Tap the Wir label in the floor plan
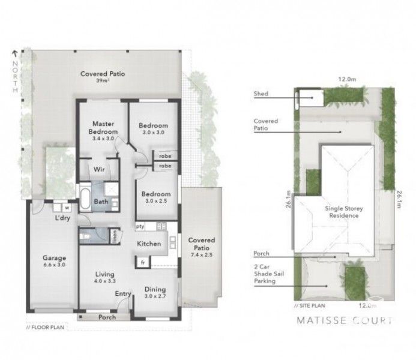pyautogui.click(x=98, y=170)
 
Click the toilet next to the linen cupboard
pyautogui.click(x=86, y=238)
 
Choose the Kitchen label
pyautogui.click(x=148, y=244)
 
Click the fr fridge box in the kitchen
pyautogui.click(x=142, y=262)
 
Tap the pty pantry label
pyautogui.click(x=140, y=227)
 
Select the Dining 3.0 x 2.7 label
pyautogui.click(x=155, y=292)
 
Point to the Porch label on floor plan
pyautogui.click(x=106, y=317)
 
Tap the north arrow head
pyautogui.click(x=13, y=53)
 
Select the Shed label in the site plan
pyautogui.click(x=261, y=94)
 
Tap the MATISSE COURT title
pyautogui.click(x=345, y=321)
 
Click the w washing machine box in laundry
pyautogui.click(x=67, y=208)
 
